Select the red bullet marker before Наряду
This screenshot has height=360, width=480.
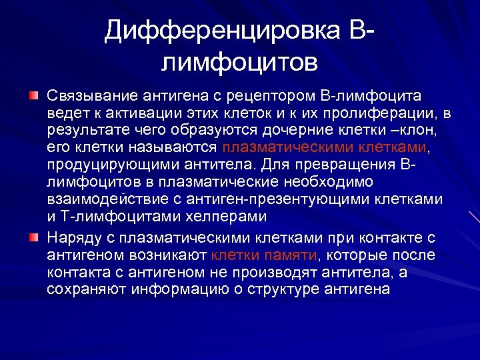(33, 237)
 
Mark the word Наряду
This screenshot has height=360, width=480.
(73, 237)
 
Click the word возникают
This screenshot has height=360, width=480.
(171, 255)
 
